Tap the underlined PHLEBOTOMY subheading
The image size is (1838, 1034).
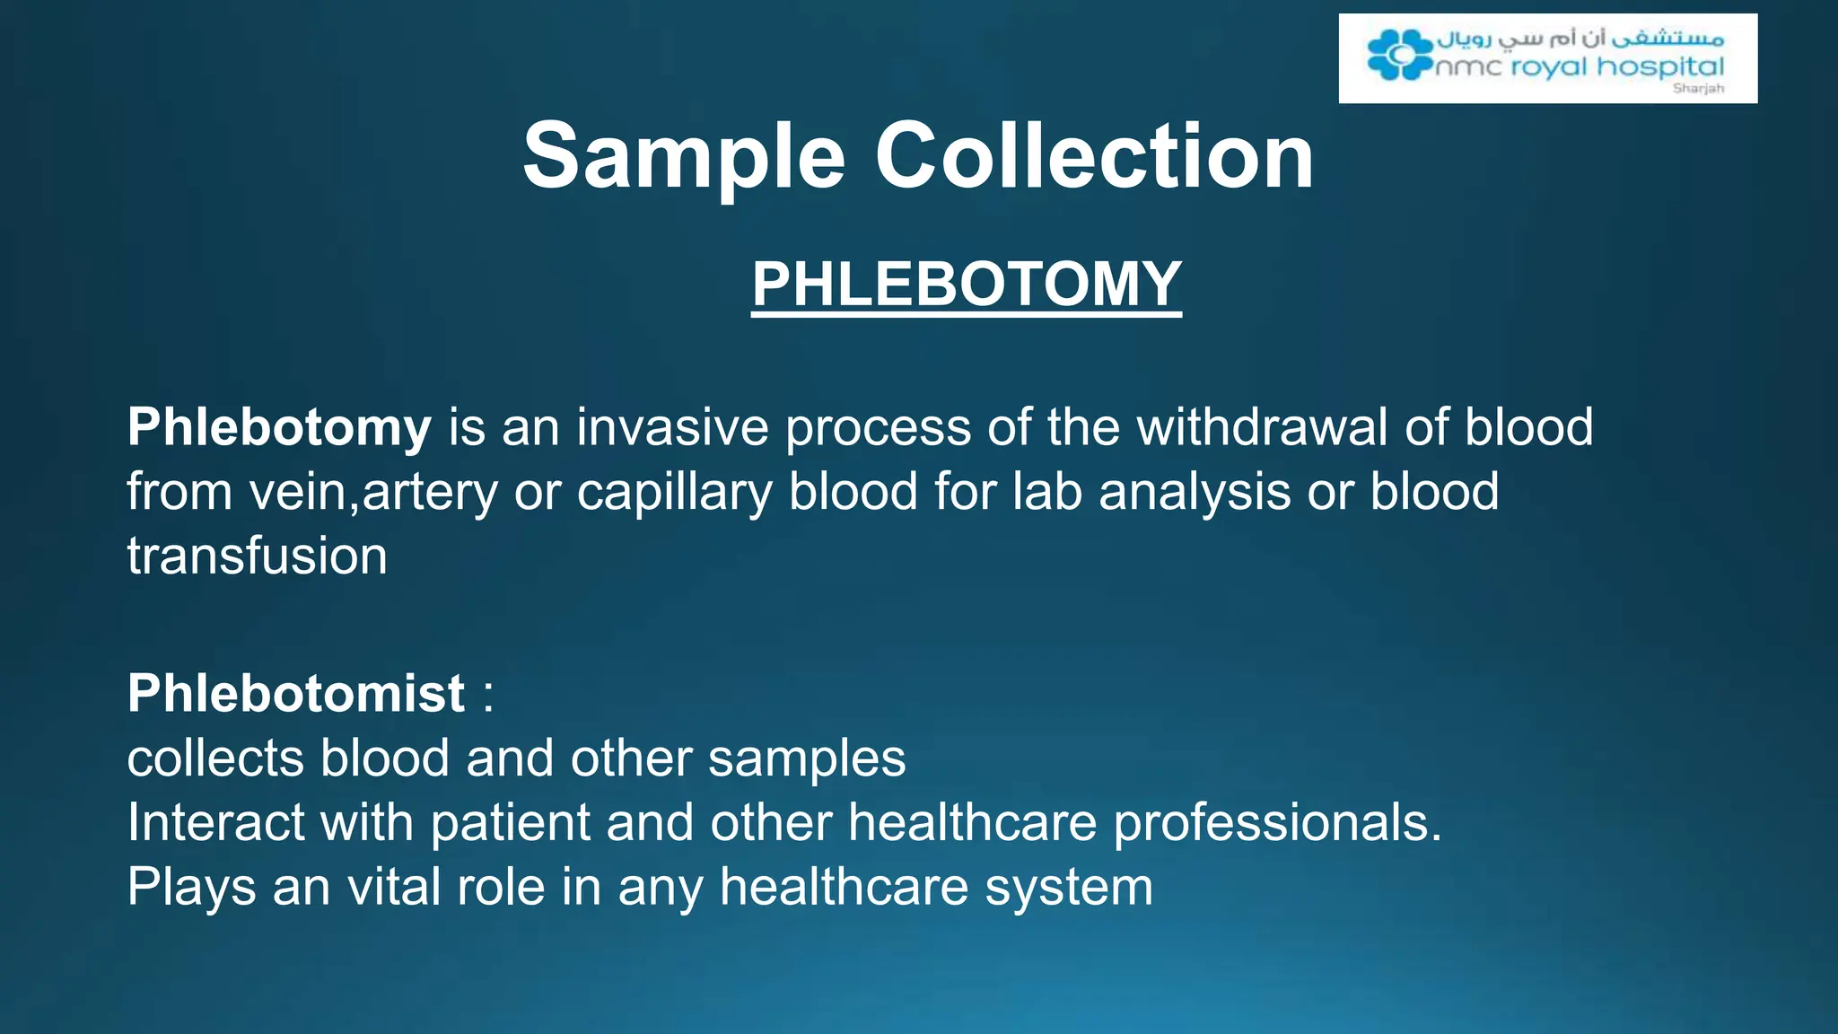click(967, 284)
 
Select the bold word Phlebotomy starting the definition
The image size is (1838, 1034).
click(279, 427)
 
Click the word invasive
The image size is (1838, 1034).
click(672, 427)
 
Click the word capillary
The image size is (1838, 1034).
click(674, 493)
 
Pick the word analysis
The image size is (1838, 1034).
click(1195, 493)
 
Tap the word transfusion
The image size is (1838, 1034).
click(258, 556)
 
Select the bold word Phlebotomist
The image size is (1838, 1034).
click(296, 694)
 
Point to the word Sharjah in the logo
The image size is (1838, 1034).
click(1698, 89)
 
